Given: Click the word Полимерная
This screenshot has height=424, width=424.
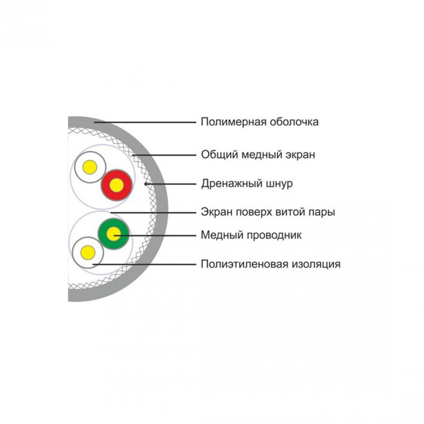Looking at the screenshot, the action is tap(233, 122).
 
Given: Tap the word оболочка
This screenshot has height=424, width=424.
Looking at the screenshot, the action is tap(294, 122).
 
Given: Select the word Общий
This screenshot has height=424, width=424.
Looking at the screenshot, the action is tap(219, 155).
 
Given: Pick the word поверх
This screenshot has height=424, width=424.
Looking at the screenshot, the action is tap(254, 212).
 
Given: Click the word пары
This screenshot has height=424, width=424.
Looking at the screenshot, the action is tap(320, 213).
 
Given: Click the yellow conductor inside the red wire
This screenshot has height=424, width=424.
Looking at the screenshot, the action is tap(116, 185).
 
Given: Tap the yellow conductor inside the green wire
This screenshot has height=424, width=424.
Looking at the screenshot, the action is tap(113, 234).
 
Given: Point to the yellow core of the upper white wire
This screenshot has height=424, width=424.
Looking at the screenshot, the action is tap(90, 167).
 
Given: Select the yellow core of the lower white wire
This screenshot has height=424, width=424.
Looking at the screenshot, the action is tap(88, 253).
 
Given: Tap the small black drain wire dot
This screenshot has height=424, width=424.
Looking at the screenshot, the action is tap(145, 184).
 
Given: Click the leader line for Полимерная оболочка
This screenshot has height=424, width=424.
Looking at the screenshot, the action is tap(145, 122).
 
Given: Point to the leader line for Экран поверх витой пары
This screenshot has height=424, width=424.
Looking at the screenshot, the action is tap(153, 213).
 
